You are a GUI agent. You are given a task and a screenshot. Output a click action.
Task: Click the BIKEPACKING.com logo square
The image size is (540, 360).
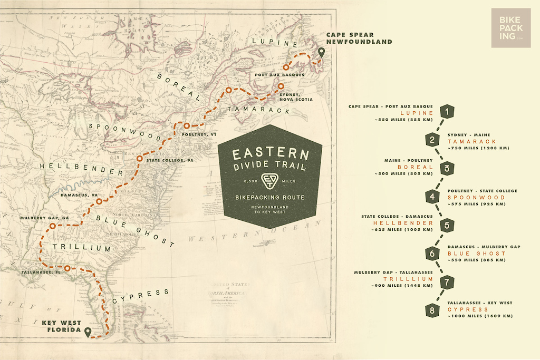(x=510, y=28)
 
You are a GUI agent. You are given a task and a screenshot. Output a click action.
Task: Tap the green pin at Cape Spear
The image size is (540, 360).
(x=321, y=53)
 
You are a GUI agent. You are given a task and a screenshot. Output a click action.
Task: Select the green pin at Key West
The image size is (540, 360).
(x=88, y=332)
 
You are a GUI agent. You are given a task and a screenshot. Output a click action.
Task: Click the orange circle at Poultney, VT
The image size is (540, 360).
(x=187, y=125)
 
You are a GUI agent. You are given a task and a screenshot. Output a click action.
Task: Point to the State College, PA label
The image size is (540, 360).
(x=169, y=160)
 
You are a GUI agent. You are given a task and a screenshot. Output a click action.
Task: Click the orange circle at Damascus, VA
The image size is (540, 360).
(x=99, y=201)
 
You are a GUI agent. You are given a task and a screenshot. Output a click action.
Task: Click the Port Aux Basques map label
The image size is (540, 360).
(x=279, y=75)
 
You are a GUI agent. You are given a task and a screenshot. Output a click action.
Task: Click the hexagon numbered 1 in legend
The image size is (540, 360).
(x=447, y=111)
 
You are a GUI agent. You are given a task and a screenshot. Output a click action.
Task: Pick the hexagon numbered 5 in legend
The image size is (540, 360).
(x=447, y=226)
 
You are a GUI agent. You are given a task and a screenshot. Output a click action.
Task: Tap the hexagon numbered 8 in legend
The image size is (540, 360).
(x=432, y=310)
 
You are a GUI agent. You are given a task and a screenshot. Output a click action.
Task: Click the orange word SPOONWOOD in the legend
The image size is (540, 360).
(x=476, y=197)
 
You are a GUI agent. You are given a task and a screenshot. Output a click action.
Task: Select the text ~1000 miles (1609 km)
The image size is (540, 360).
(x=480, y=316)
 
